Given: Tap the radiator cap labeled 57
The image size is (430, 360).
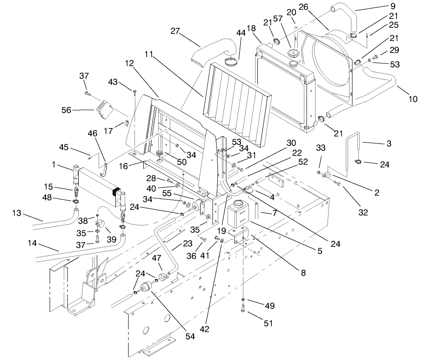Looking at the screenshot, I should tap(295, 53).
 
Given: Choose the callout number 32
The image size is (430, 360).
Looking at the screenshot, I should tap(363, 212).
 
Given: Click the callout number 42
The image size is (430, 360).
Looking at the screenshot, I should tap(204, 329).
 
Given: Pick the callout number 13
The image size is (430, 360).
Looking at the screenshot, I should tap(17, 213).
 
